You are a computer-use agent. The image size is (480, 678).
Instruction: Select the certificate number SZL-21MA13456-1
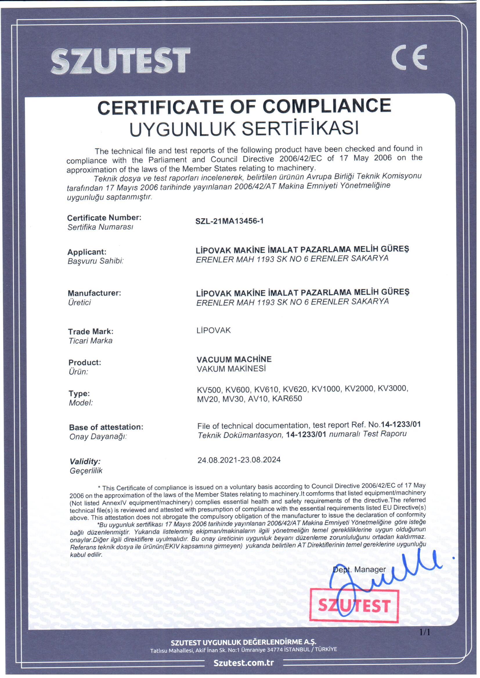[x=229, y=221]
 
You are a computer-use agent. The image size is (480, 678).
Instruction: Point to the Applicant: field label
[x=86, y=252]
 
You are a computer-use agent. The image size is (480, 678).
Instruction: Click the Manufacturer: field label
[x=94, y=293]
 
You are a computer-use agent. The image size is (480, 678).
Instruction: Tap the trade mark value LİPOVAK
[x=213, y=330]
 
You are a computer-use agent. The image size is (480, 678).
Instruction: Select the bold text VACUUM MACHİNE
[x=234, y=359]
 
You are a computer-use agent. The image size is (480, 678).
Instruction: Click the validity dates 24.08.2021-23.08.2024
[x=239, y=460]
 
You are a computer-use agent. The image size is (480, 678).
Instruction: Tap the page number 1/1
[x=425, y=632]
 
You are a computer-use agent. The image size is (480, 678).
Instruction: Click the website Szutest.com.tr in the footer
[x=243, y=663]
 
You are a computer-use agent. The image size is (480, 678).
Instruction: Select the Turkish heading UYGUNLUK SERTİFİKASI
[x=244, y=128]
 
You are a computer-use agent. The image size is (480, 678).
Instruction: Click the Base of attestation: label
[x=106, y=427]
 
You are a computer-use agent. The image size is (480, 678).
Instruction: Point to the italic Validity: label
[x=85, y=461]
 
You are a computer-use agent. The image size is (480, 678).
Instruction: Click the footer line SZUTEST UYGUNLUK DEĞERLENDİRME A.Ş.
[x=243, y=642]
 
